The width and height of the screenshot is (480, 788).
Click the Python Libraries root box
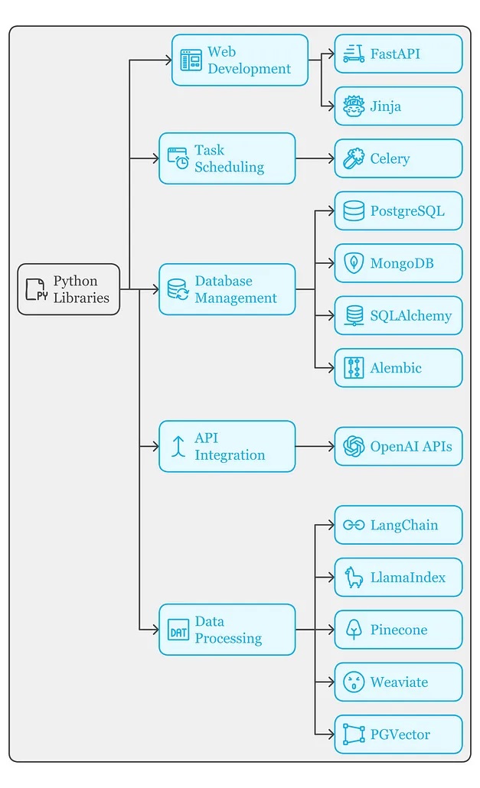(69, 289)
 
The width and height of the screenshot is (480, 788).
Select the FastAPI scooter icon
(354, 54)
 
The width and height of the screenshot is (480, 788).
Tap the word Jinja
(386, 106)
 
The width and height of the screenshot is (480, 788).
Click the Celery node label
(390, 158)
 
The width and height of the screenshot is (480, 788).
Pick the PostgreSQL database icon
(354, 210)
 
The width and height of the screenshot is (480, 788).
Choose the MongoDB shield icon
(354, 263)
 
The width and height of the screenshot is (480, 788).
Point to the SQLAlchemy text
(410, 315)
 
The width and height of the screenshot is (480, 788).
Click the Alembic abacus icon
(354, 368)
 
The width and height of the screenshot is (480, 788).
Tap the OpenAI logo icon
(354, 446)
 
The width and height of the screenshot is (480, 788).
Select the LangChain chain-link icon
(354, 525)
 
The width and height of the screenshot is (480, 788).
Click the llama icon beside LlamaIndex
(354, 577)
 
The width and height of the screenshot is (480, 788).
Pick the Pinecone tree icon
(354, 630)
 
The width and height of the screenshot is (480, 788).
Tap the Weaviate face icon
(354, 682)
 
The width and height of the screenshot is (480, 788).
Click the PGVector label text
(400, 734)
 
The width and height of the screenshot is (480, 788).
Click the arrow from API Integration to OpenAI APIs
(315, 446)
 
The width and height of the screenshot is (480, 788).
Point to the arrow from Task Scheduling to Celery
(315, 158)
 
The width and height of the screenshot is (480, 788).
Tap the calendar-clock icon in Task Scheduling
(178, 158)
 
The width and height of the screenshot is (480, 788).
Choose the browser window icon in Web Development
(191, 60)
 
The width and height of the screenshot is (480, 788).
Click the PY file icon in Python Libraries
(37, 289)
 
